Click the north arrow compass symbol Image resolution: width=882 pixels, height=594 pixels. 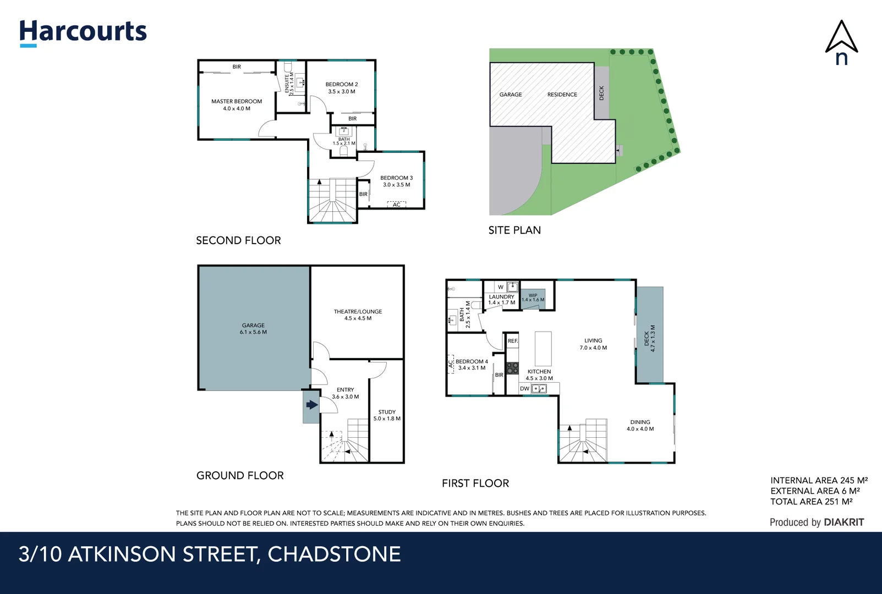click(x=841, y=42)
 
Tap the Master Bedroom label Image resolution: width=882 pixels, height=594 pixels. click(x=237, y=102)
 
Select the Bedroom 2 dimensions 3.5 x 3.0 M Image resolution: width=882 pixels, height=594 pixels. click(x=342, y=92)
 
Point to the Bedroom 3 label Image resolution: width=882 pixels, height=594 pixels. click(x=396, y=178)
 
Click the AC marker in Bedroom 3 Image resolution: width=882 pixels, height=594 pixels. click(x=397, y=205)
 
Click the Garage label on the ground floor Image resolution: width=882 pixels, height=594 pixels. click(x=253, y=326)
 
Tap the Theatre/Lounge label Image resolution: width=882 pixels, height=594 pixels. click(x=358, y=311)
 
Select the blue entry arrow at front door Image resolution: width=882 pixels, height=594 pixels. click(x=312, y=405)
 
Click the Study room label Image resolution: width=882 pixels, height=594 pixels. click(x=387, y=412)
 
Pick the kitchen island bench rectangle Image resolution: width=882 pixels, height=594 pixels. click(x=543, y=349)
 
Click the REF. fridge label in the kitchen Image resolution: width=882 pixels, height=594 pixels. click(x=513, y=341)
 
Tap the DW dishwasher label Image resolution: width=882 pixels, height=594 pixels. click(x=524, y=389)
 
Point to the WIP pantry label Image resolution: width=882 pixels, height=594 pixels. click(x=533, y=296)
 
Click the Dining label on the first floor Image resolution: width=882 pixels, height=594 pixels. click(x=640, y=422)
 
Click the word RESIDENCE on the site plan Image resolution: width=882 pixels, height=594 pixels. click(x=562, y=95)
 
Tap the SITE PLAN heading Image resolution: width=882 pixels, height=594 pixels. click(x=514, y=230)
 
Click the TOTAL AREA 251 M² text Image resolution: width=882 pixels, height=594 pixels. click(x=811, y=502)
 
